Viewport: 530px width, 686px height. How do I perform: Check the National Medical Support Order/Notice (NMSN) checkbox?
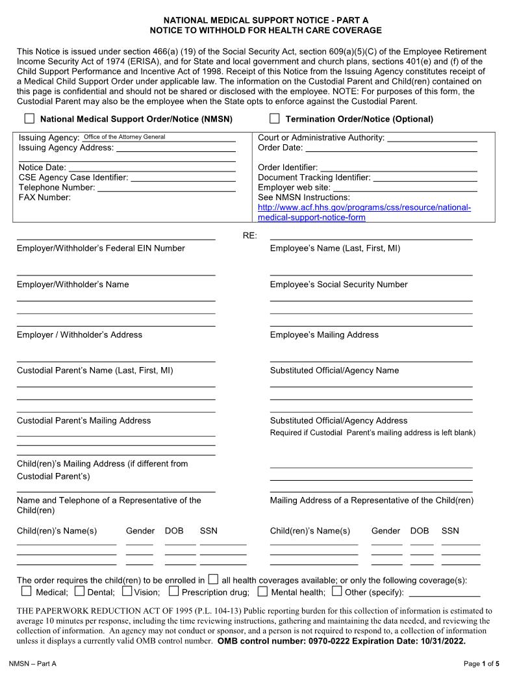tap(29, 119)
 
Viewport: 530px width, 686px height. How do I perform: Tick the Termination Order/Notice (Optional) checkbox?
tap(275, 119)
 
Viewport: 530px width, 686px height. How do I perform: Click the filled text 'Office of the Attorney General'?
tap(124, 137)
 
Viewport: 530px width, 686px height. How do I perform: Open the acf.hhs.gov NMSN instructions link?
tap(364, 212)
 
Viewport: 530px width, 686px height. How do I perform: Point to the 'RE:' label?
tap(250, 235)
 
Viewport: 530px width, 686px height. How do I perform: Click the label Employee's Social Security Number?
tap(338, 285)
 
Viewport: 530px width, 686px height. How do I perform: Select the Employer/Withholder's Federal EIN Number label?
tap(101, 248)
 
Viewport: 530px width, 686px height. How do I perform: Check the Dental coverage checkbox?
tap(79, 591)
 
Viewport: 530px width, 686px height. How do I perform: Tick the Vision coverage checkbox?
tap(127, 591)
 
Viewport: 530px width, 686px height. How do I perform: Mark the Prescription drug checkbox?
tap(174, 591)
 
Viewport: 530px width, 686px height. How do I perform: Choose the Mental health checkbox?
tap(262, 591)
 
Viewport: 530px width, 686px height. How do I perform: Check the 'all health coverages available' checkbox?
tap(213, 579)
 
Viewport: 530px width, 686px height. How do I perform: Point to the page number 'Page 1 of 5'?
tap(481, 663)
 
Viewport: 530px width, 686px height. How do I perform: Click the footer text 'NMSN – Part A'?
tap(32, 663)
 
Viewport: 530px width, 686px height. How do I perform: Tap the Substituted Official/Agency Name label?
tap(334, 370)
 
